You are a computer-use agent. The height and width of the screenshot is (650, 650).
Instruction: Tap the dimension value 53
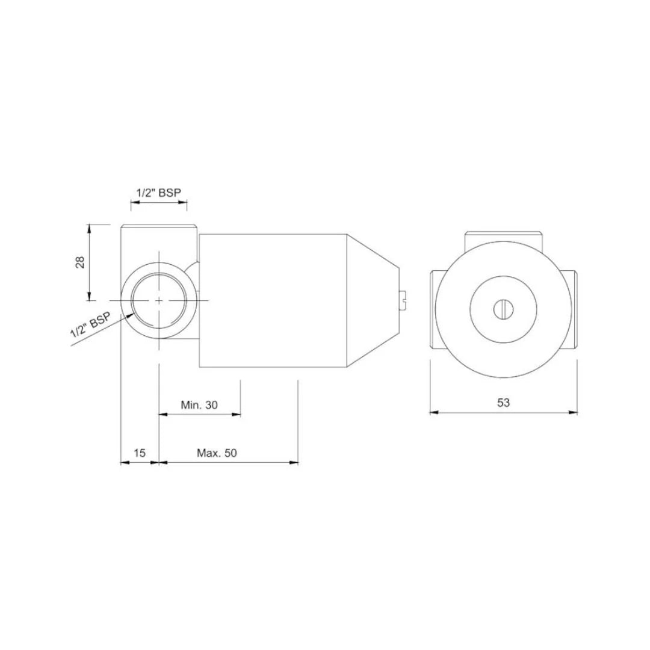[504, 403]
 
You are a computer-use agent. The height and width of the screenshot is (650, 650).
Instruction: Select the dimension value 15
[140, 453]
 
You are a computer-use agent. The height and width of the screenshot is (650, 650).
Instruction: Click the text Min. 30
[199, 405]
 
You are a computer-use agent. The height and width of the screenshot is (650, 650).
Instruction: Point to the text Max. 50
[217, 453]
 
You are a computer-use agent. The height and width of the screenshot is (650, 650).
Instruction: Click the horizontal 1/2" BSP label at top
[159, 192]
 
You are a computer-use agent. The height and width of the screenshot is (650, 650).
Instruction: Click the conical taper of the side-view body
[373, 299]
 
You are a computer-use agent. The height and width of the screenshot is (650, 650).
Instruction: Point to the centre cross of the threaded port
[158, 299]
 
